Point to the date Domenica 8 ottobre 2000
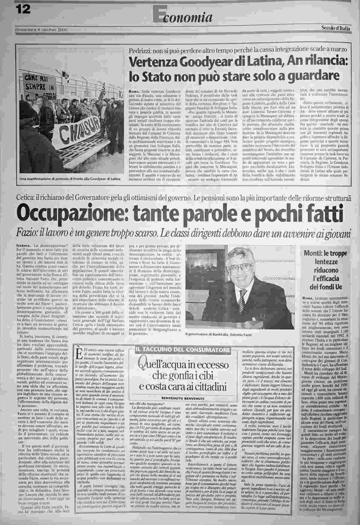point(41,30)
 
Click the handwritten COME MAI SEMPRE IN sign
point(37,83)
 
